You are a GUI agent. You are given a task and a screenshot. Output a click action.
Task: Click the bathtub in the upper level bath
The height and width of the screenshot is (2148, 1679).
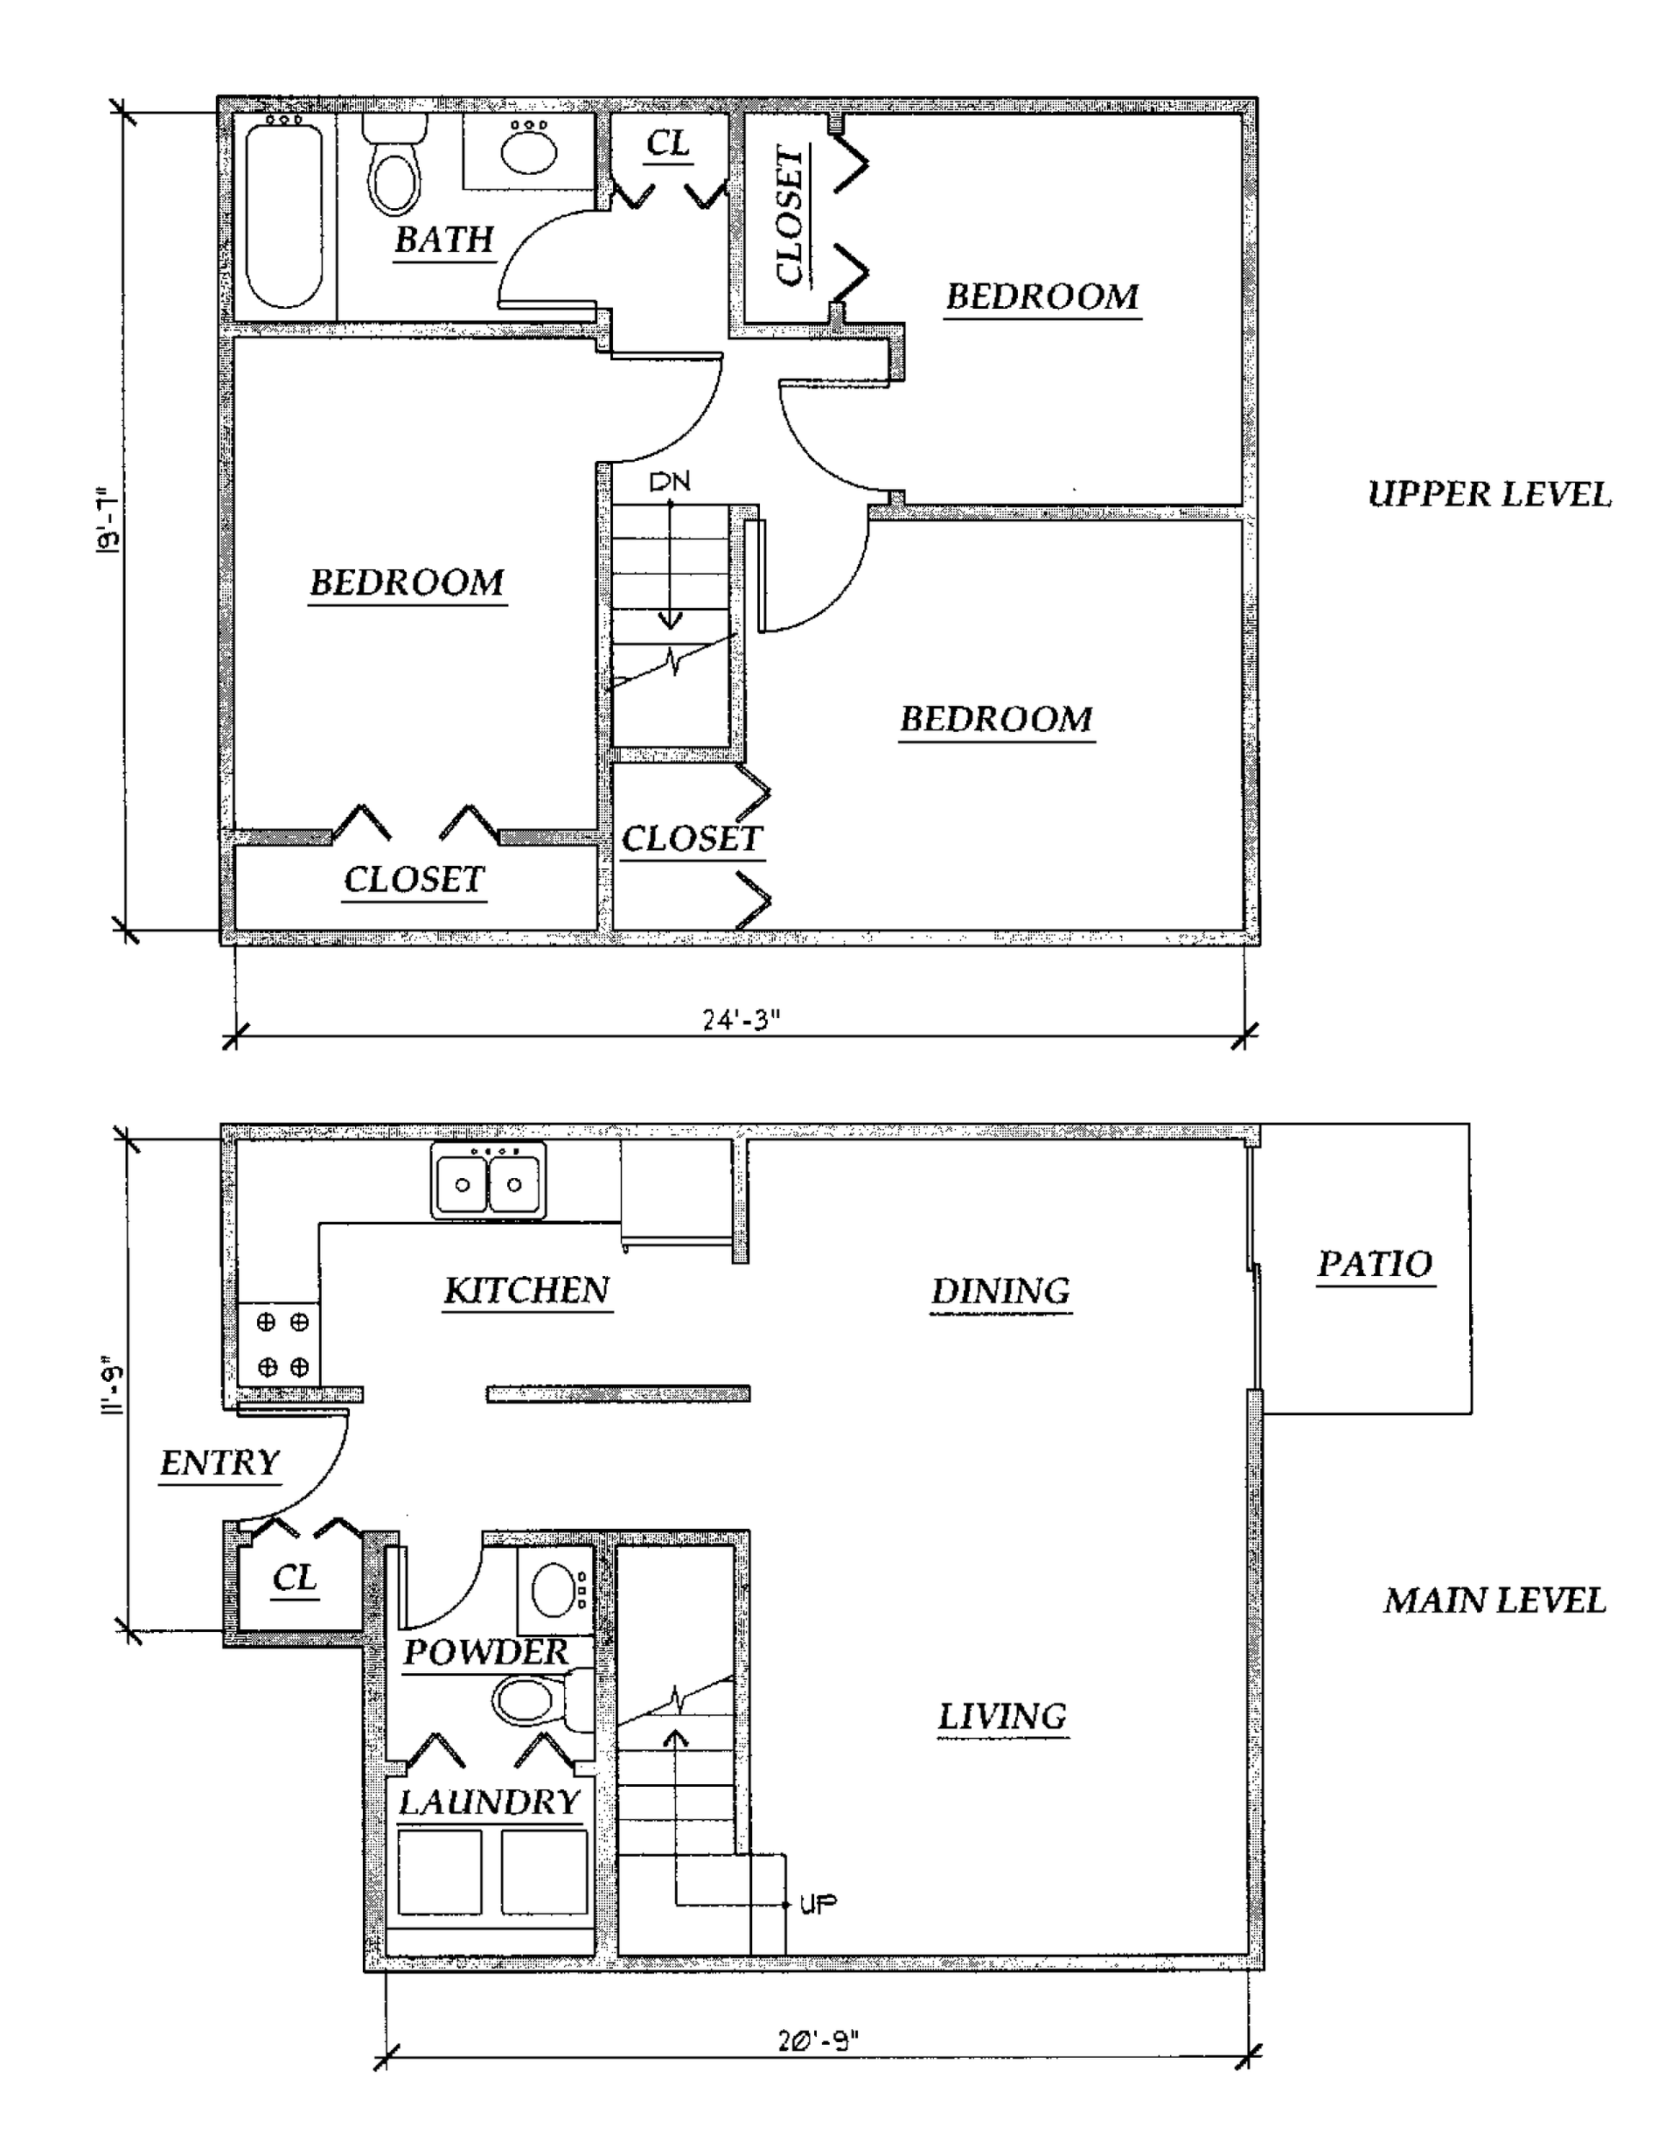(284, 214)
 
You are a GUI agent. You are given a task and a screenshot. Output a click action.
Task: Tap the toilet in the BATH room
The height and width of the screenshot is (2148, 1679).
(394, 164)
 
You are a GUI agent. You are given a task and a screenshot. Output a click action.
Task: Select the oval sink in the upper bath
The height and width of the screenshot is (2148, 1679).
(529, 148)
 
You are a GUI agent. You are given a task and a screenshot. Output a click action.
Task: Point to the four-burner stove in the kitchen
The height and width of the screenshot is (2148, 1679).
(278, 1344)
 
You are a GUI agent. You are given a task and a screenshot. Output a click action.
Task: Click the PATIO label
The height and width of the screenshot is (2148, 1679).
(1375, 1264)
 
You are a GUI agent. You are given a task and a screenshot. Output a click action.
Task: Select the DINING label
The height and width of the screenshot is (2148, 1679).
(1000, 1292)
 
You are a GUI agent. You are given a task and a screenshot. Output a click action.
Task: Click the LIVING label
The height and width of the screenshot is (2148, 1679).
(1002, 1716)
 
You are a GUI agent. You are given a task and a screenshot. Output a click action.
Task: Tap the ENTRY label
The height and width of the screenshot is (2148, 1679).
(220, 1462)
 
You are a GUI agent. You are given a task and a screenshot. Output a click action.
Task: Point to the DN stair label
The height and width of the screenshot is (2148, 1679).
(670, 481)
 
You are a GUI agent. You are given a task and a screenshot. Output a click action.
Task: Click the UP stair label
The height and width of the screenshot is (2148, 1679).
(819, 1904)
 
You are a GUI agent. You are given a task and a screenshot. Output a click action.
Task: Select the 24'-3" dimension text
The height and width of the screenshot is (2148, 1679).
(741, 1020)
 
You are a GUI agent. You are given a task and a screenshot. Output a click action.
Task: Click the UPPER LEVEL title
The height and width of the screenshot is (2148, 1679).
(1489, 494)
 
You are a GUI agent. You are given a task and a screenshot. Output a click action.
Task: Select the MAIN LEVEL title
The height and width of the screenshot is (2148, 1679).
(1495, 1601)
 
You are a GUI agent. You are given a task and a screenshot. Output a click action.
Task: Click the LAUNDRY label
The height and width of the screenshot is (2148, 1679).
(489, 1802)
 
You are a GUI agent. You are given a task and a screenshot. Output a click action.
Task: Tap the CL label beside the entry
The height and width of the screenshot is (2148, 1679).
(295, 1578)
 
